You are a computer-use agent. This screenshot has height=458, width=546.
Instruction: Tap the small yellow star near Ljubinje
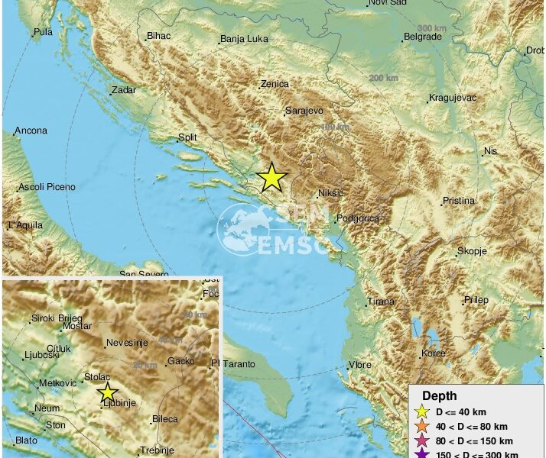click(x=108, y=393)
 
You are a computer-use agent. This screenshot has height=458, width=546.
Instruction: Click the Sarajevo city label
click(x=304, y=111)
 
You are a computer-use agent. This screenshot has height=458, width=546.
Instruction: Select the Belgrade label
click(x=423, y=37)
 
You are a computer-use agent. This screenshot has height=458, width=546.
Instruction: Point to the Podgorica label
click(x=358, y=218)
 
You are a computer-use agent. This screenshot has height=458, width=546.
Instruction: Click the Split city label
click(x=187, y=138)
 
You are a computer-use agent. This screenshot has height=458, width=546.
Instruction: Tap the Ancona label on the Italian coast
click(x=31, y=131)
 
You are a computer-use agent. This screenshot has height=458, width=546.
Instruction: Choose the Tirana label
click(x=381, y=302)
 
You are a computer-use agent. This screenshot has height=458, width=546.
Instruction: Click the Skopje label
click(x=472, y=251)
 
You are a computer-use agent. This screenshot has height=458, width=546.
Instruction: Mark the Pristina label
click(x=459, y=202)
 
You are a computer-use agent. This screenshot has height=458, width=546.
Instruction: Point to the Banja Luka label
click(x=242, y=40)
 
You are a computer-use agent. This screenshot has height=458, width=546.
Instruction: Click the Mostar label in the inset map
click(x=76, y=326)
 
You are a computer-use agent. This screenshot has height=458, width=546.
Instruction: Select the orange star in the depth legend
click(x=422, y=427)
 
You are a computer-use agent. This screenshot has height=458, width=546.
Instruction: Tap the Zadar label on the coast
click(x=123, y=90)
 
